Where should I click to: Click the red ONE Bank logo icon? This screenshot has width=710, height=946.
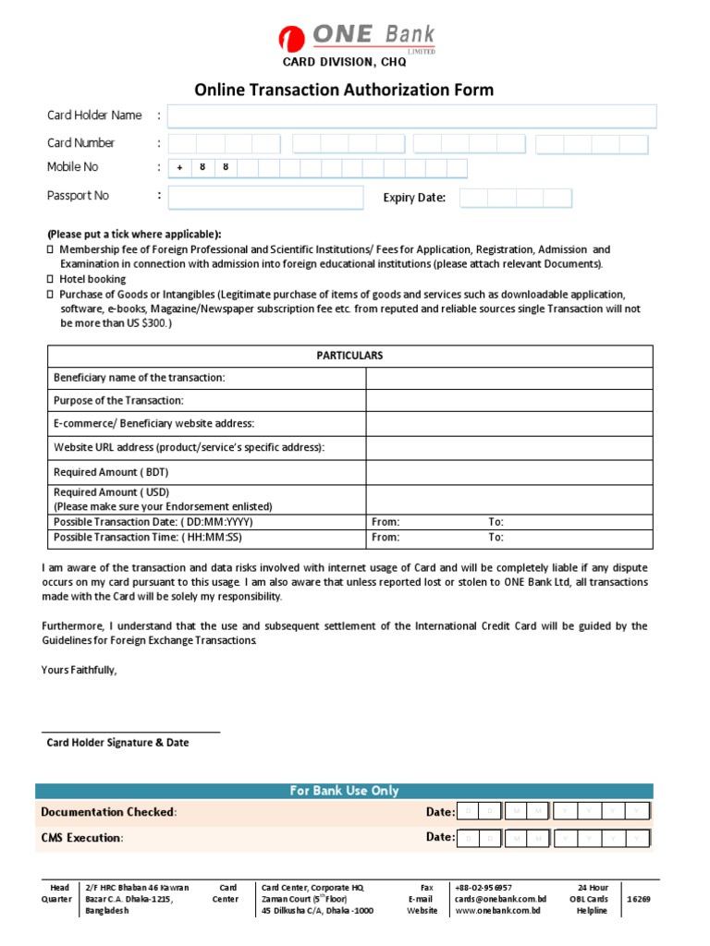coord(292,40)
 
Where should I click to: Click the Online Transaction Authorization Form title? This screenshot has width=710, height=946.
coord(344,90)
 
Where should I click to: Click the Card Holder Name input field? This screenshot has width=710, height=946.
coord(411,115)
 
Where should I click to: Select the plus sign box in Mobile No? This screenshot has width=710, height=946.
coord(180,168)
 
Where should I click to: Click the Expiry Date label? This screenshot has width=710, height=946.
coord(414,198)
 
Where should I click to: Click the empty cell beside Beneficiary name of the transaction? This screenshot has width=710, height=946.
coord(509,378)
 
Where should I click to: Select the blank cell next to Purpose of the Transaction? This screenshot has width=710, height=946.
coord(509,401)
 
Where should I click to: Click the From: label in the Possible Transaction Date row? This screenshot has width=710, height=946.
coord(386,522)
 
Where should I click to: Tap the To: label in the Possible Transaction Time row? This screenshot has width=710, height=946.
coord(496,537)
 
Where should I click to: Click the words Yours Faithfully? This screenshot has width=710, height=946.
coord(80,670)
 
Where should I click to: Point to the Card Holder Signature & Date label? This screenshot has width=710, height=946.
coord(117,743)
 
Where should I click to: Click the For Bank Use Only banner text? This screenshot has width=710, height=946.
coord(344,791)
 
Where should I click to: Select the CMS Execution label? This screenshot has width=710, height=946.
coord(81,839)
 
